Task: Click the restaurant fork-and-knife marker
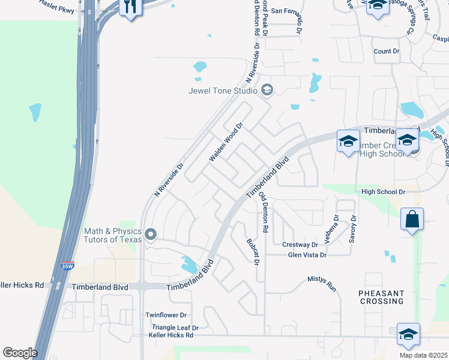point(130,7)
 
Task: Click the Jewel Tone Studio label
point(223,91)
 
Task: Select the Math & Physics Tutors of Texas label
point(113,235)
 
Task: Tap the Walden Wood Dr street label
point(226,143)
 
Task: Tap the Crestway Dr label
point(300,245)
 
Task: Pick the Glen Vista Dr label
point(307,255)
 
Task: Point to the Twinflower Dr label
point(166,315)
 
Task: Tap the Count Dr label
point(386,52)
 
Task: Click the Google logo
point(19,352)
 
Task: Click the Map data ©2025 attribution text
point(423,355)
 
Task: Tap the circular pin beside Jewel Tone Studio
point(267,91)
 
